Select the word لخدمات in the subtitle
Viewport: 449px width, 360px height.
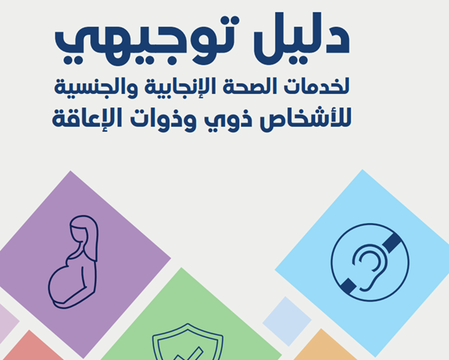pos(317,86)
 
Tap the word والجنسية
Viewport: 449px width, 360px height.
pos(96,88)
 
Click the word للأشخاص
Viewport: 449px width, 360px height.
pos(306,119)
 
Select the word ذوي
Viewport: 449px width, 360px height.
pos(228,120)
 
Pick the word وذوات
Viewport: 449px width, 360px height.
pos(163,120)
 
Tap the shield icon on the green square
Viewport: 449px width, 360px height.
pos(188,342)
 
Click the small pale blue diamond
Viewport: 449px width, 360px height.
pos(287,321)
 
